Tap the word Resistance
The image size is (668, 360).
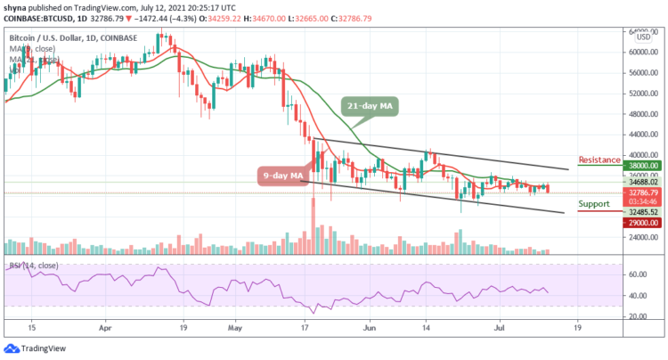pyautogui.click(x=599, y=160)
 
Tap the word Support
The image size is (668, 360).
pyautogui.click(x=594, y=203)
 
